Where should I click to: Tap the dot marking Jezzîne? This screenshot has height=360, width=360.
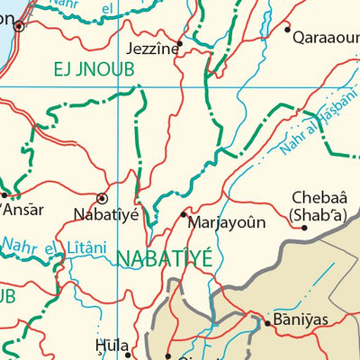pos(179,42)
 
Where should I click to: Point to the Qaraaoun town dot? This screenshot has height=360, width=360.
pos(288,29)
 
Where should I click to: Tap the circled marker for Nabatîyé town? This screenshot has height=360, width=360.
pos(102,197)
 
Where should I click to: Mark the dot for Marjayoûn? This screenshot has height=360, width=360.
pos(184,214)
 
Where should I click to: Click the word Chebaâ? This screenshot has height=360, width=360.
pos(317,198)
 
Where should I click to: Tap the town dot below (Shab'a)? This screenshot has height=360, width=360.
pos(304,227)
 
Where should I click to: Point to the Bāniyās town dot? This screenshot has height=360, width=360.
pos(266,321)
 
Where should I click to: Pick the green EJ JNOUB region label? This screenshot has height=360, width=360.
pos(86,68)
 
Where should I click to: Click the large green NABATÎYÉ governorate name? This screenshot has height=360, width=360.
pos(164,259)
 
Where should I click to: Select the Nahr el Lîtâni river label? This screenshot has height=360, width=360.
pos(54,245)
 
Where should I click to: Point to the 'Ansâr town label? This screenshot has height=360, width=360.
pos(22,210)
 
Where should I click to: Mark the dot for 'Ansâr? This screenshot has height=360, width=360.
pos(4,194)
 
